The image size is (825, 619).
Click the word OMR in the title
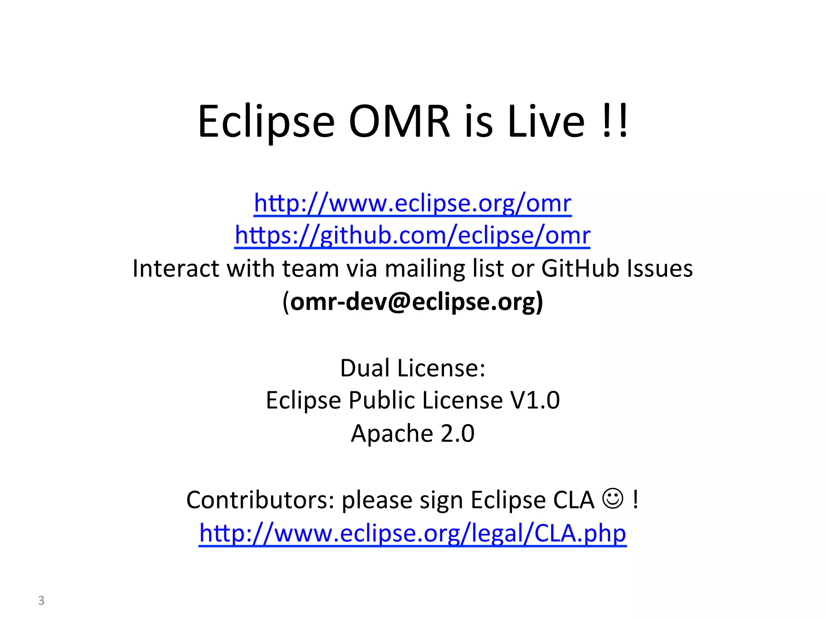[399, 121]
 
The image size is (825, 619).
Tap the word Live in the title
[546, 121]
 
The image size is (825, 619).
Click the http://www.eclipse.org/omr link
[412, 203]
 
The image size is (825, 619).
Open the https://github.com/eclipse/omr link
[412, 235]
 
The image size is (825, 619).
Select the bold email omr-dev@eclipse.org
[413, 301]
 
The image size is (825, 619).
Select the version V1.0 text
[535, 400]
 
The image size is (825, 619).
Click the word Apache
[392, 434]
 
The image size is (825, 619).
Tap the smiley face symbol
[613, 499]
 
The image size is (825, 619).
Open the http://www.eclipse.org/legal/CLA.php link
[412, 533]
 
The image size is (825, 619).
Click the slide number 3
[41, 600]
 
